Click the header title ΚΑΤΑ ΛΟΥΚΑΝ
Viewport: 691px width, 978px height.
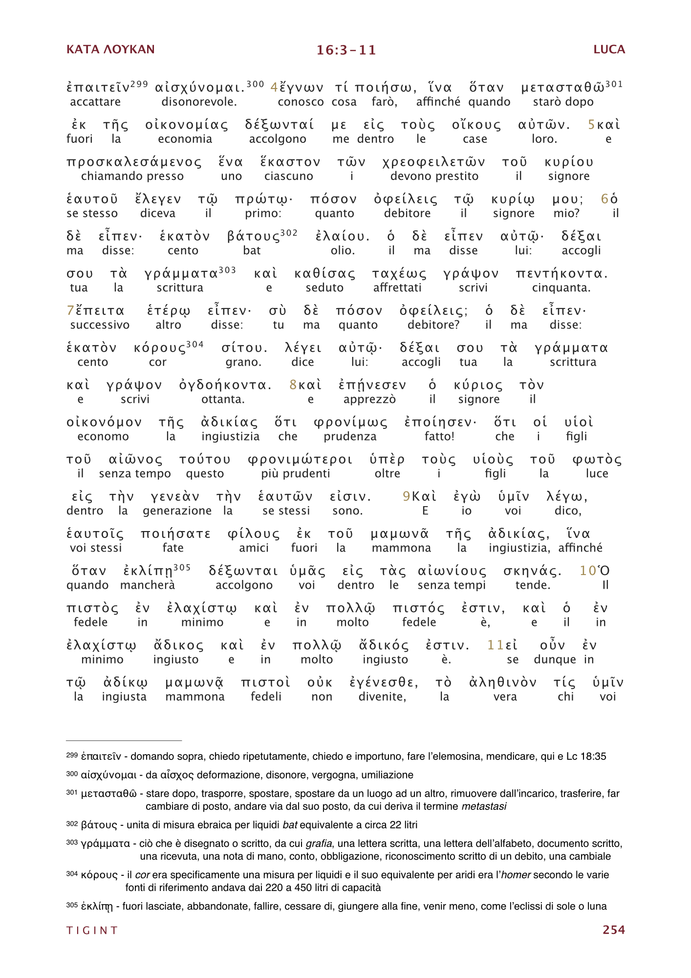(x=110, y=49)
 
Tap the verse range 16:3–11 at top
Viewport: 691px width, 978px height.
(x=346, y=50)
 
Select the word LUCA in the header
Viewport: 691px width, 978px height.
(x=609, y=49)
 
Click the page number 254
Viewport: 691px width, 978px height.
(x=613, y=930)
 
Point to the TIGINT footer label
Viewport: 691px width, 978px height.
(x=92, y=930)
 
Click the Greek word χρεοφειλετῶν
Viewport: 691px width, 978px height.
(x=433, y=162)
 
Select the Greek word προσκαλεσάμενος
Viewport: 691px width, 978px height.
(x=134, y=162)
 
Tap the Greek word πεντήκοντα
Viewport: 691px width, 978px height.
(x=561, y=274)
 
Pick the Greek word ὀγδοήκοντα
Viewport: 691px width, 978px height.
(x=225, y=385)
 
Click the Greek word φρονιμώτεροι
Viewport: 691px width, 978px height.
(x=300, y=460)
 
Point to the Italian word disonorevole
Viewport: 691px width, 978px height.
(x=199, y=102)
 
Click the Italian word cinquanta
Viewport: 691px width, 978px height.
(x=561, y=288)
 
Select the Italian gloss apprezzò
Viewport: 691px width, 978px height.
(x=369, y=399)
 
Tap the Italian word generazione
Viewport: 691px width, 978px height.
(x=177, y=511)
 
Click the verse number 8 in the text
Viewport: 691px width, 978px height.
(x=293, y=385)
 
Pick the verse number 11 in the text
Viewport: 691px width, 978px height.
(x=495, y=645)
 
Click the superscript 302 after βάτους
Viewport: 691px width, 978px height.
(x=289, y=233)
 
